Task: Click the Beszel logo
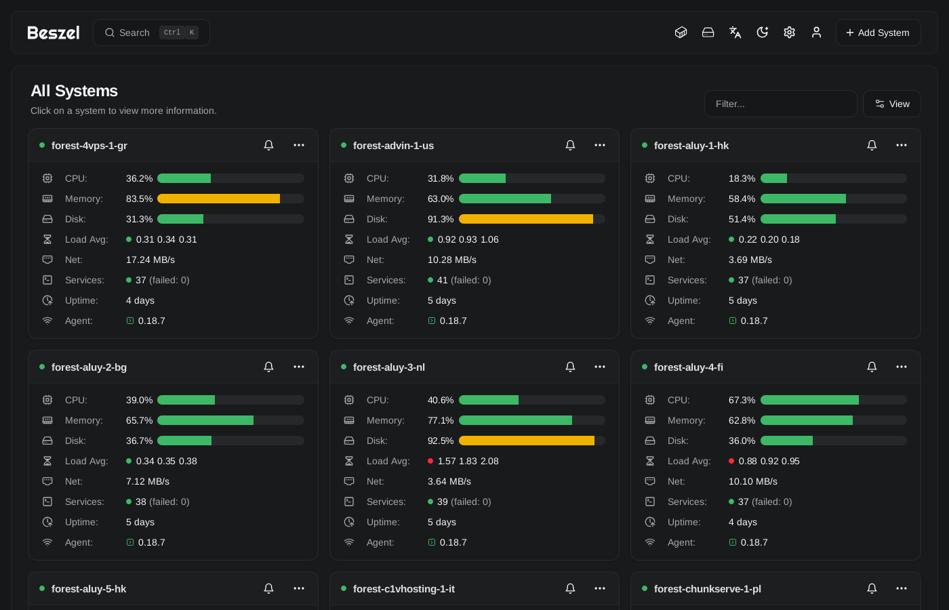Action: [x=54, y=33]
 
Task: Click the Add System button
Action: [x=878, y=33]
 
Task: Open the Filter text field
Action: [x=780, y=104]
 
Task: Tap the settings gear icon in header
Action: [x=789, y=33]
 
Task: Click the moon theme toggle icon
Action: [x=762, y=33]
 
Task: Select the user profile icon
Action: [x=816, y=33]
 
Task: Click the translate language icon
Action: [x=735, y=33]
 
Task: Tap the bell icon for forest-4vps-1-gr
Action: [x=268, y=145]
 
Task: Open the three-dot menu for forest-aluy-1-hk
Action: [x=902, y=145]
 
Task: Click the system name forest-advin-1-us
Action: [x=393, y=146]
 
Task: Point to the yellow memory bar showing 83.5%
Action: [x=218, y=199]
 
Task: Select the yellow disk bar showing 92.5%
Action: [x=527, y=441]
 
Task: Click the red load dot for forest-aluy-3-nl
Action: [x=430, y=461]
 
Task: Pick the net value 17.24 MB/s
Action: [x=150, y=260]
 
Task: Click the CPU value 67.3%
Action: [x=742, y=400]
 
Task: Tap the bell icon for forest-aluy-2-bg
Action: [x=268, y=367]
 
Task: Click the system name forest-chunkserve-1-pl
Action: [x=708, y=589]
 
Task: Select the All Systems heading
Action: [x=74, y=91]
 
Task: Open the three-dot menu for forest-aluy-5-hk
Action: [x=299, y=588]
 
